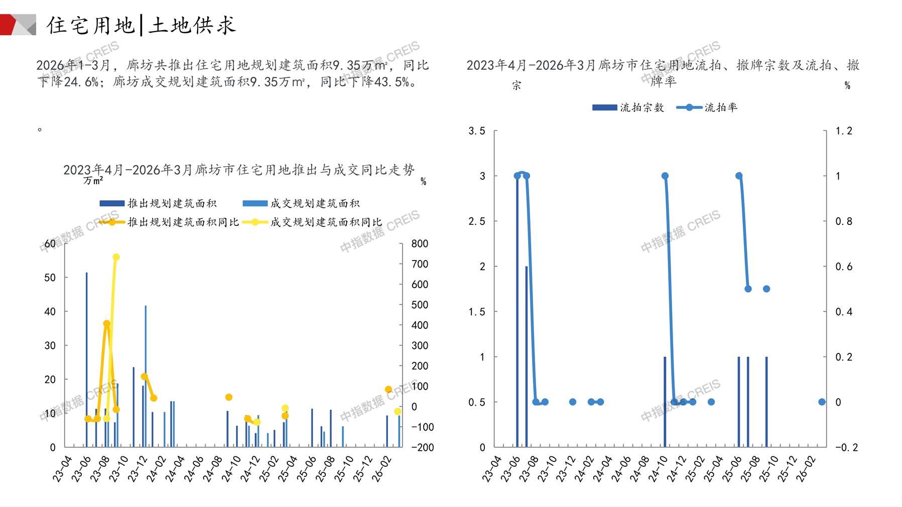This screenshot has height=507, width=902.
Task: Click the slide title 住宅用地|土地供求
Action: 141,25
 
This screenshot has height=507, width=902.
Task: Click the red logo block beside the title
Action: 11,25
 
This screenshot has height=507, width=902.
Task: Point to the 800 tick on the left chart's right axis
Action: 420,244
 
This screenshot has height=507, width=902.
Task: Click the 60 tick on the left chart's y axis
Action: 50,244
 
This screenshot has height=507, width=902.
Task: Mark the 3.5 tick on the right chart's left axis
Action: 477,131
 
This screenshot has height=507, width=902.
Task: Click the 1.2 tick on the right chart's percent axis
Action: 844,131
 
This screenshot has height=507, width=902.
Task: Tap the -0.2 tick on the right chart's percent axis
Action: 846,447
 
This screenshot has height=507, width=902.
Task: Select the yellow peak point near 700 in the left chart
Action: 116,257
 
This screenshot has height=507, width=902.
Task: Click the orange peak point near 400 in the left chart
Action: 106,324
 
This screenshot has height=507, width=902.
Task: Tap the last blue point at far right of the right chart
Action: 822,402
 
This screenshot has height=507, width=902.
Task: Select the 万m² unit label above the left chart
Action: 93,181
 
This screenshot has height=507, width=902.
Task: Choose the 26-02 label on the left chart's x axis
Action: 381,469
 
